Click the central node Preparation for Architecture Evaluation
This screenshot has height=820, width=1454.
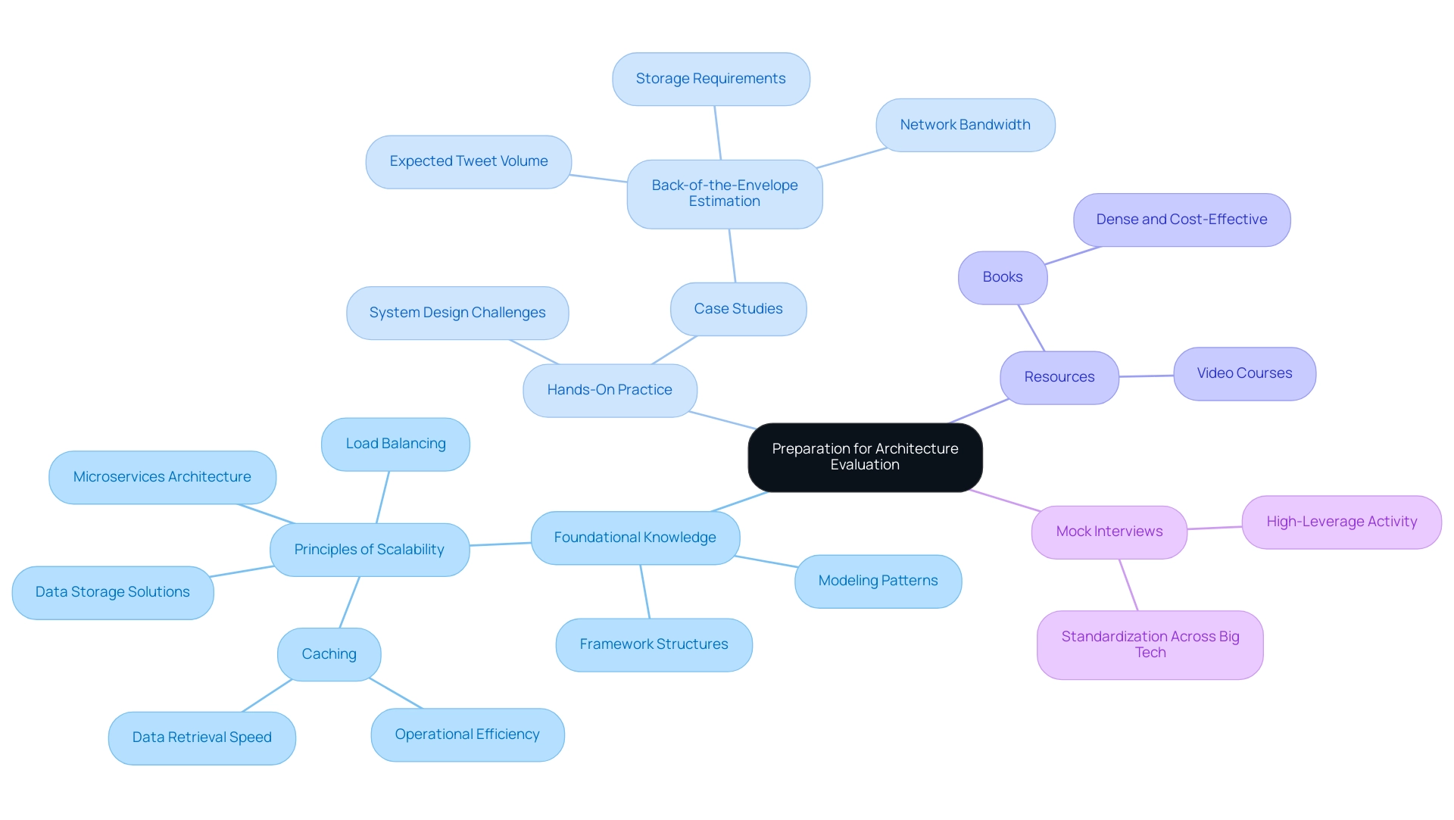click(865, 457)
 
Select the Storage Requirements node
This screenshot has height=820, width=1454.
click(710, 79)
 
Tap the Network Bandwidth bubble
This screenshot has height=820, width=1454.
click(965, 125)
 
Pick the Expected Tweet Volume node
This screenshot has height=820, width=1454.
click(468, 161)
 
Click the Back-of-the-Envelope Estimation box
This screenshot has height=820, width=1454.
click(724, 194)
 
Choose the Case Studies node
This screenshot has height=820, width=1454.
click(738, 309)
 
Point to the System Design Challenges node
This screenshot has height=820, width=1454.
click(457, 313)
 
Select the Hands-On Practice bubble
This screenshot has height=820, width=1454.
click(609, 390)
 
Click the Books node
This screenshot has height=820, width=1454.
click(1002, 277)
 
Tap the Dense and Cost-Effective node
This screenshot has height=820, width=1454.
click(1181, 220)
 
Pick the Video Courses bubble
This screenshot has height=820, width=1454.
click(1244, 373)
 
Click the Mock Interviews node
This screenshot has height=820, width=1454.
click(1109, 532)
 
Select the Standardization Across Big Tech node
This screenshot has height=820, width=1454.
click(1150, 644)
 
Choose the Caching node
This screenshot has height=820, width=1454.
click(329, 654)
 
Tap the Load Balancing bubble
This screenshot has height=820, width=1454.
click(395, 444)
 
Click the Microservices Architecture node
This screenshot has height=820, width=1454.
click(162, 477)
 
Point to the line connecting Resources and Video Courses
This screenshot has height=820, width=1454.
click(1147, 376)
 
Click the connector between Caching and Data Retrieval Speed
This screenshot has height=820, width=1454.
click(267, 696)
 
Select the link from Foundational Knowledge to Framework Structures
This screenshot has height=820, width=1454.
click(645, 591)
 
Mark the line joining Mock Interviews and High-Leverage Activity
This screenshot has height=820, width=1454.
click(1215, 528)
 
